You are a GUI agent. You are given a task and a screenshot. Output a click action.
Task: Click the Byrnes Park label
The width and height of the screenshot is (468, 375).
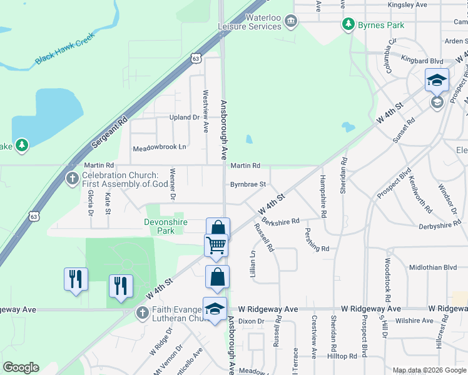coord(380,25)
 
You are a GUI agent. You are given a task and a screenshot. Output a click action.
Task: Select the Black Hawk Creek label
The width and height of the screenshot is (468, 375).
coord(64,49)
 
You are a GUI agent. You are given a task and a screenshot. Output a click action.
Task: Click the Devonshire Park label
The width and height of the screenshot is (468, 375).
coord(168,226)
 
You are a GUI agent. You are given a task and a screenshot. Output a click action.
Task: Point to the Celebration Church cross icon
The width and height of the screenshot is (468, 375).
coord(72,179)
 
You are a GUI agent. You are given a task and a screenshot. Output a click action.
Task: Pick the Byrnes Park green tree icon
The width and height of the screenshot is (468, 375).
coord(348,25)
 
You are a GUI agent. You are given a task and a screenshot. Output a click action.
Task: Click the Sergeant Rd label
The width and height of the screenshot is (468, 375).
coord(109,131)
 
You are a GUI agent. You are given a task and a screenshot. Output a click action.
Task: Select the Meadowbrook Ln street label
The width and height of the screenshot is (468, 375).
coord(160,148)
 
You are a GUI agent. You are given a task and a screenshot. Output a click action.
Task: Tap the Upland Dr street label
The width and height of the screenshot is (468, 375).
coord(184,117)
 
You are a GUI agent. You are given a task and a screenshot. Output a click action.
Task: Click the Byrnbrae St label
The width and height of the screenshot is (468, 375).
coord(248,184)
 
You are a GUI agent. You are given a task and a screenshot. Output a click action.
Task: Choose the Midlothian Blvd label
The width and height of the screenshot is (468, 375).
coord(433,267)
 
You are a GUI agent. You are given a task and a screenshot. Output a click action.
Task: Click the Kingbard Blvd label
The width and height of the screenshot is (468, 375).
coord(422,61)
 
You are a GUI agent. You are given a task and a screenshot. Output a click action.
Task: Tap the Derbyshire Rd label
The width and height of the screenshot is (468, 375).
coord(439,226)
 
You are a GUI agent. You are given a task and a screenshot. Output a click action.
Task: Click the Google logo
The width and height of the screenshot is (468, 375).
coord(21,367)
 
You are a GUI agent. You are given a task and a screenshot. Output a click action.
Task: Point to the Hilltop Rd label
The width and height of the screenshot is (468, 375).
coord(342,356)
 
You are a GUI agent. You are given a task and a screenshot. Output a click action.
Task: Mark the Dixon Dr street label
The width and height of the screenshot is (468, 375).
coord(252,321)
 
